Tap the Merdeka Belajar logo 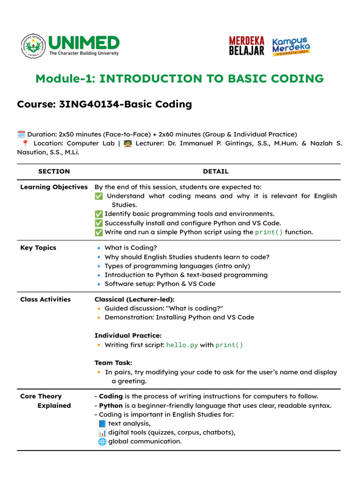(247, 46)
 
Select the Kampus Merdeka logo (291, 46)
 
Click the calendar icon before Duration (21, 135)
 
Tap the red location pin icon (25, 143)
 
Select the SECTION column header (54, 172)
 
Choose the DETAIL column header (216, 172)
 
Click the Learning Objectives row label (54, 187)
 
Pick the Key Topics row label (38, 248)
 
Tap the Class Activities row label (45, 300)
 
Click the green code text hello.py (182, 345)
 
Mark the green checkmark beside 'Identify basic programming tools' (98, 214)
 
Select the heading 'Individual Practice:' (128, 336)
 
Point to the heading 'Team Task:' (113, 363)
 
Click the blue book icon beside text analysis (102, 423)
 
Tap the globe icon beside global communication (102, 442)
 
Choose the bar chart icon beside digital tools (102, 433)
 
